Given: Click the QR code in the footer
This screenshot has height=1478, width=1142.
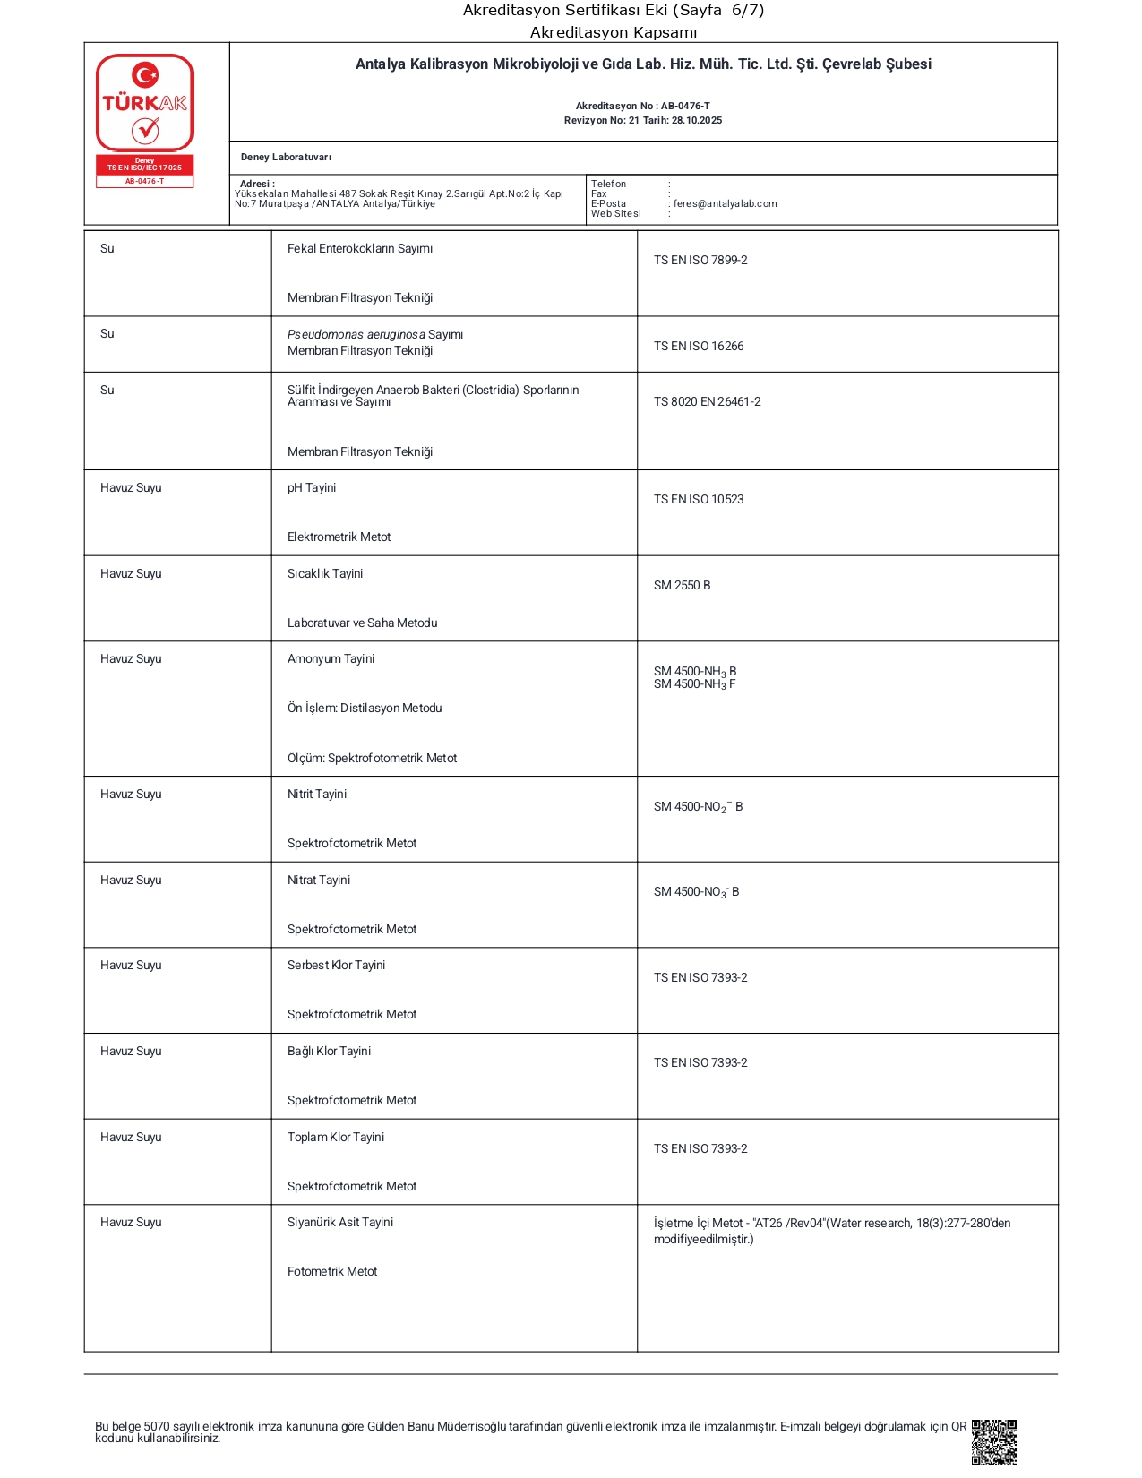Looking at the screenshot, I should pos(994,1441).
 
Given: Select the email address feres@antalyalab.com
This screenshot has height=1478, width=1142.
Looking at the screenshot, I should pos(725,203).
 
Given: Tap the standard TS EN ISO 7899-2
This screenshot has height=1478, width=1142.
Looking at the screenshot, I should pos(700,261).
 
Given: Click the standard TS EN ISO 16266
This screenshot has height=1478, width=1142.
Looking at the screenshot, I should pos(699,347).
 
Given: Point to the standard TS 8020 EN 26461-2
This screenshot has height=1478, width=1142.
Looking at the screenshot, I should pos(707,402).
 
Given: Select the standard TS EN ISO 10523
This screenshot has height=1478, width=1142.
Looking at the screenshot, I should pos(699,500).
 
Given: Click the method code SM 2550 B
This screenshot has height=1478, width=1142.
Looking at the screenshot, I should pos(682,586).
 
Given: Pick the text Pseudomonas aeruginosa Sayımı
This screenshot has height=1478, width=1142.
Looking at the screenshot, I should pos(375,335).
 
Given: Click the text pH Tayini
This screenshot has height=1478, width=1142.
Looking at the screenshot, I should pos(312,488).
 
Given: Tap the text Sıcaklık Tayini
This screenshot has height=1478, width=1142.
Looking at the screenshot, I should pos(325,574).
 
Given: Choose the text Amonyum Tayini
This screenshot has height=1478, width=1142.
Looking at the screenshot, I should pos(331,659).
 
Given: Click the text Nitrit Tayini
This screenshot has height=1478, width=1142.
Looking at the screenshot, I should pos(317,795).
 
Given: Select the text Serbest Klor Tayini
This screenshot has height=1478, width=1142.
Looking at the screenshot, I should pos(336,966).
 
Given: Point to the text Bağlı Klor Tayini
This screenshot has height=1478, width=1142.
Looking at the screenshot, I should pos(329,1052).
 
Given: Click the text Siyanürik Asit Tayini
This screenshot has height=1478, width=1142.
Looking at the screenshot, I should pos(340,1223).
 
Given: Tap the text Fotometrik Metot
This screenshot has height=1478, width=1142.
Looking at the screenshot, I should pos(332,1272).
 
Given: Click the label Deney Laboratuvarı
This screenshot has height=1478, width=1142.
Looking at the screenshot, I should pos(286,158).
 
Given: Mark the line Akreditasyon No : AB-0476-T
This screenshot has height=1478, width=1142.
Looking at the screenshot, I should pos(642,106).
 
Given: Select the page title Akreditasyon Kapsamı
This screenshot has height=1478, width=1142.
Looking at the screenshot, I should pos(614,33).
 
